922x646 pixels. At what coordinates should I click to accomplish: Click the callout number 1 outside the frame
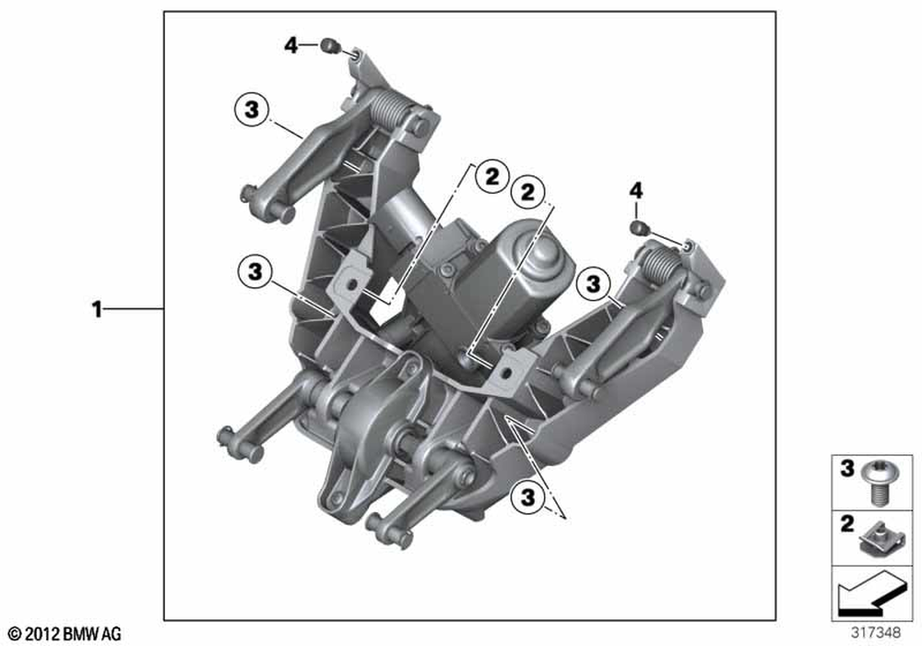coord(97,309)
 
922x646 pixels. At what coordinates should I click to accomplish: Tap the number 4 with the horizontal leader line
coord(291,44)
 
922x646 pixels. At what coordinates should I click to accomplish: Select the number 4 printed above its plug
coord(636,191)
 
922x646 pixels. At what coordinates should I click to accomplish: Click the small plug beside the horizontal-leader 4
coord(330,45)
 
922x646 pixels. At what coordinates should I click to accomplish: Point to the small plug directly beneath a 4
coord(638,227)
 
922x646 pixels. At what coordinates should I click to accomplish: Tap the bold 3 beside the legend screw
coord(846,468)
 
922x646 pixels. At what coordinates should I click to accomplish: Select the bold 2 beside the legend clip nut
coord(846,523)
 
